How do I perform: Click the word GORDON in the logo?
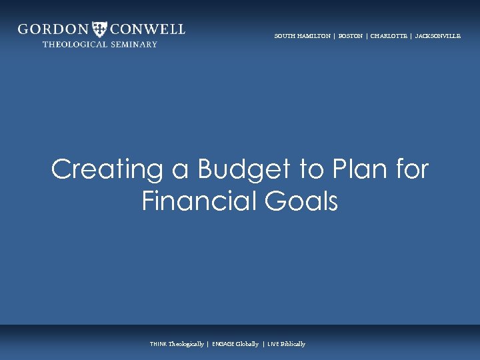53,29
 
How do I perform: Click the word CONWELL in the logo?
147,29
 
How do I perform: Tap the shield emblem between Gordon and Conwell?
100,29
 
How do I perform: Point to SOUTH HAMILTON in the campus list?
302,36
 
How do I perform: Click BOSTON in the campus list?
351,36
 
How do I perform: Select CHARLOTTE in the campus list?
389,36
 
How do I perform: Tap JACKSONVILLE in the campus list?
438,36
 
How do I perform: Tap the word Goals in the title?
303,201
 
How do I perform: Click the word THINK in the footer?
159,344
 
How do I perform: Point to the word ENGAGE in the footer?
223,344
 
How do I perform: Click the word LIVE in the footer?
273,344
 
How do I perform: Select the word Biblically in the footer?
293,344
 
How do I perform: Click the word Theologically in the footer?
186,344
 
